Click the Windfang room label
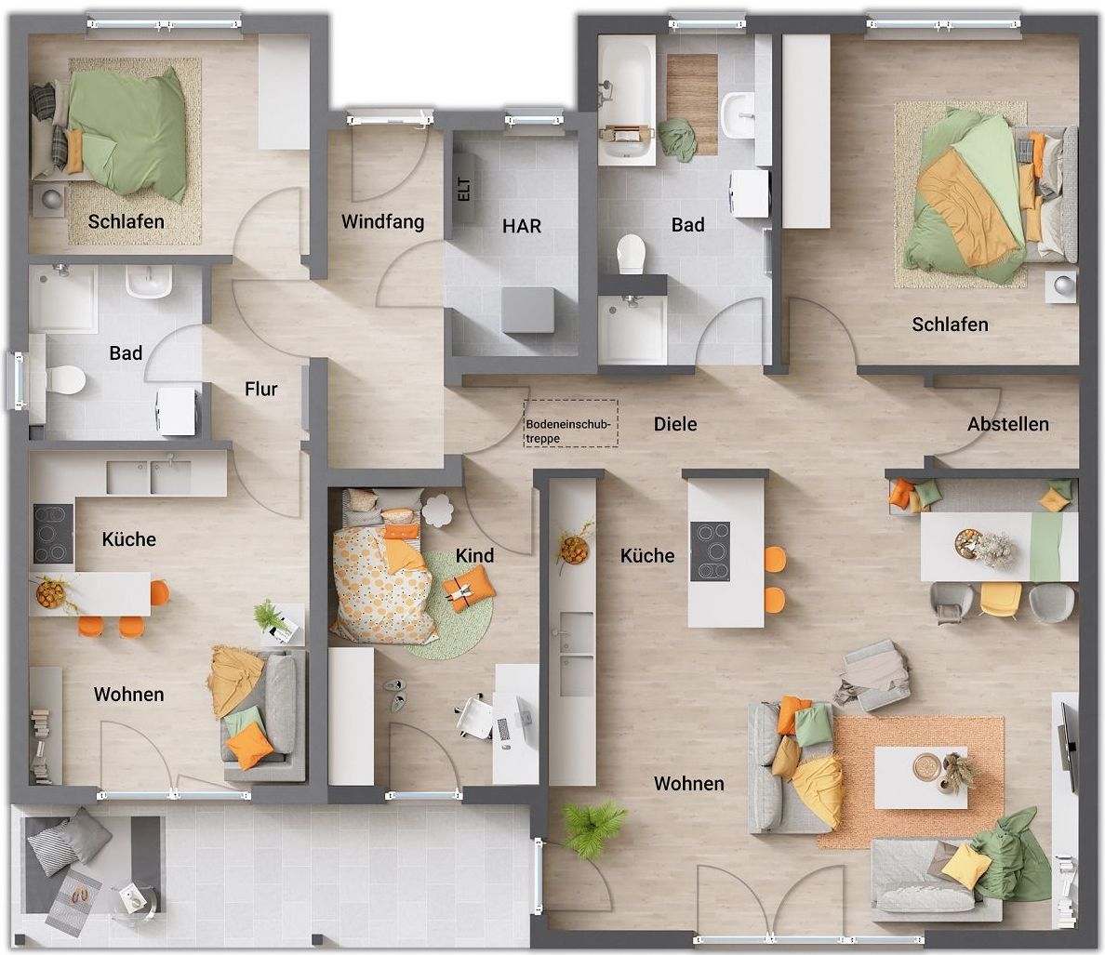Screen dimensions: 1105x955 tap(382, 222)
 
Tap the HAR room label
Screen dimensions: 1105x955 tap(522, 226)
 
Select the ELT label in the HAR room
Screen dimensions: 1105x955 tap(464, 190)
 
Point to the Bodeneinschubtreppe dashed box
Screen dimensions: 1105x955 tap(571, 423)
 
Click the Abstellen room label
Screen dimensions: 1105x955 tap(1007, 424)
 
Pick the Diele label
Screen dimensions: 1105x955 tap(675, 424)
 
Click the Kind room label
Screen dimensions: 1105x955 tap(474, 556)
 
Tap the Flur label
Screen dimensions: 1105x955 tap(260, 389)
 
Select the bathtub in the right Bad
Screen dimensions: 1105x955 tap(627, 99)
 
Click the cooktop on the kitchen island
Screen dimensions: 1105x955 tap(710, 551)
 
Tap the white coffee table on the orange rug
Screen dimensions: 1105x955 tap(920, 777)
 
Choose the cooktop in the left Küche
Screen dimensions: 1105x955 tap(53, 533)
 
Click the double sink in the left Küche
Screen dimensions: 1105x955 tap(149, 478)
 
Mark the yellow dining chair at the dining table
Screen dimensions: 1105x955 tap(1000, 600)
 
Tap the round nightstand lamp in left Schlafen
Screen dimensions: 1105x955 tap(50, 199)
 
